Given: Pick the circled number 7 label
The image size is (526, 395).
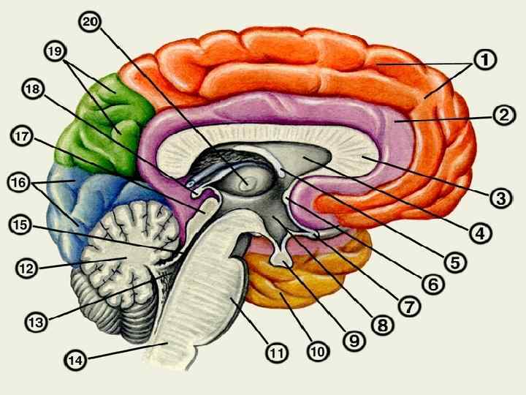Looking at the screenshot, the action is coord(410,307).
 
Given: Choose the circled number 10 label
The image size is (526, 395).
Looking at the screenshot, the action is coord(316,351).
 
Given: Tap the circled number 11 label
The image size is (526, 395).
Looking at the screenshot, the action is coord(275,353).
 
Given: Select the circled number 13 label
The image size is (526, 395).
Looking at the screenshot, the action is coord(35,320).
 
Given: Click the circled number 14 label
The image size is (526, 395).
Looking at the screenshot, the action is coord(75,359).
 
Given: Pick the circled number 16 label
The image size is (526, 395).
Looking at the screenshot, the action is coord(20,181).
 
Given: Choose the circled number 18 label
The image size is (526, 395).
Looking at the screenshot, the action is coord(32,89).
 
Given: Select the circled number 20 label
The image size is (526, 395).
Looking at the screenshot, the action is coord(91,21).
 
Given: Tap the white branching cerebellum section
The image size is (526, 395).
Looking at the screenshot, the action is coord(128,241).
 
